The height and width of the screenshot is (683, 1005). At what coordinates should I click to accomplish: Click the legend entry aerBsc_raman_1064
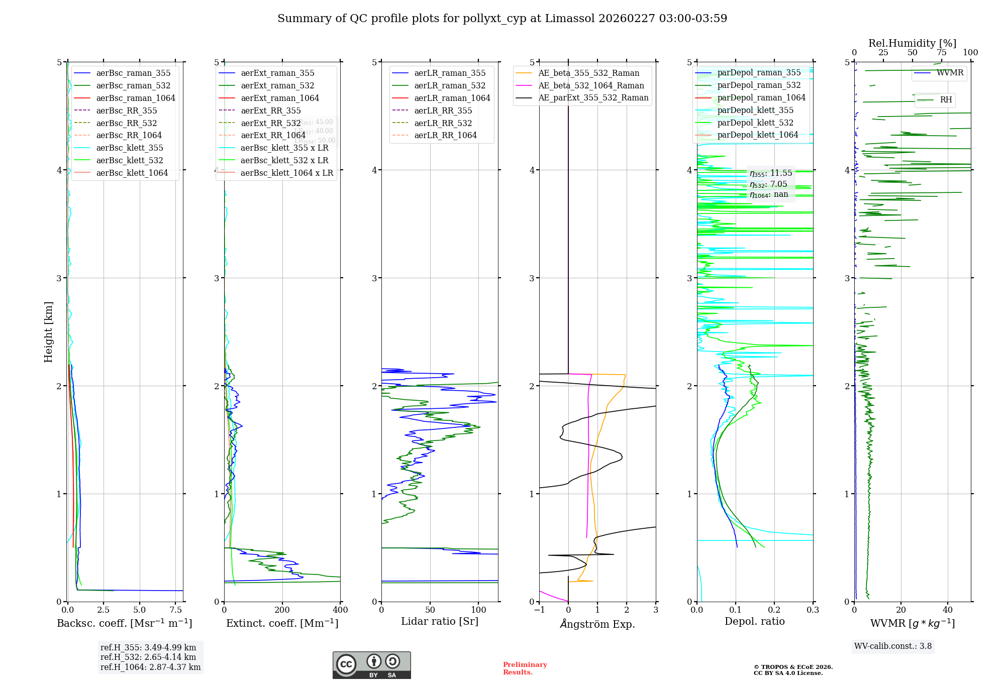136,98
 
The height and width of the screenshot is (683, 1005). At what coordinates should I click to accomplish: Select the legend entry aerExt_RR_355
271,110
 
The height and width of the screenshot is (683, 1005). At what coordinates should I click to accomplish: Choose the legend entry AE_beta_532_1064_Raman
591,85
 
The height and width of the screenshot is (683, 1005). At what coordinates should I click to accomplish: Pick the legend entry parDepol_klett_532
755,123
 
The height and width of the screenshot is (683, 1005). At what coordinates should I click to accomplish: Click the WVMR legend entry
950,73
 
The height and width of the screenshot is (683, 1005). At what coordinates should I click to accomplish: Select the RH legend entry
946,99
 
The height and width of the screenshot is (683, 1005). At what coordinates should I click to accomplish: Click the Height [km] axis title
48,331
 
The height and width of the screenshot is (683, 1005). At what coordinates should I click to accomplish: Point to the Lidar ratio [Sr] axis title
440,621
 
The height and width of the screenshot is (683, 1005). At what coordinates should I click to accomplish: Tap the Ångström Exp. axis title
597,624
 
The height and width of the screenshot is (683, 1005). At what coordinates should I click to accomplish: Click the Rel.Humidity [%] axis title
912,43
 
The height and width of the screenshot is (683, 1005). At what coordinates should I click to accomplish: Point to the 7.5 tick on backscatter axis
176,610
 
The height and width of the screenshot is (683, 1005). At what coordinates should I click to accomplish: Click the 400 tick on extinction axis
340,610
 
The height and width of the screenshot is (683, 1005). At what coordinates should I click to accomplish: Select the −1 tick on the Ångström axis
539,610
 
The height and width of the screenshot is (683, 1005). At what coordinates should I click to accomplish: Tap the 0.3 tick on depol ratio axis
813,610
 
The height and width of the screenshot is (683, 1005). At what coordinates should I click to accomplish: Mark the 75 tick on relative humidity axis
941,52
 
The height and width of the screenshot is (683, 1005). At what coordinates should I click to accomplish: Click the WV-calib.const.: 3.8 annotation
893,646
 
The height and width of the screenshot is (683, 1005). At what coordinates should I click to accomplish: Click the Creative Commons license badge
371,665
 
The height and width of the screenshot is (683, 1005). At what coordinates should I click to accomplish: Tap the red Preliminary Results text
525,668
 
